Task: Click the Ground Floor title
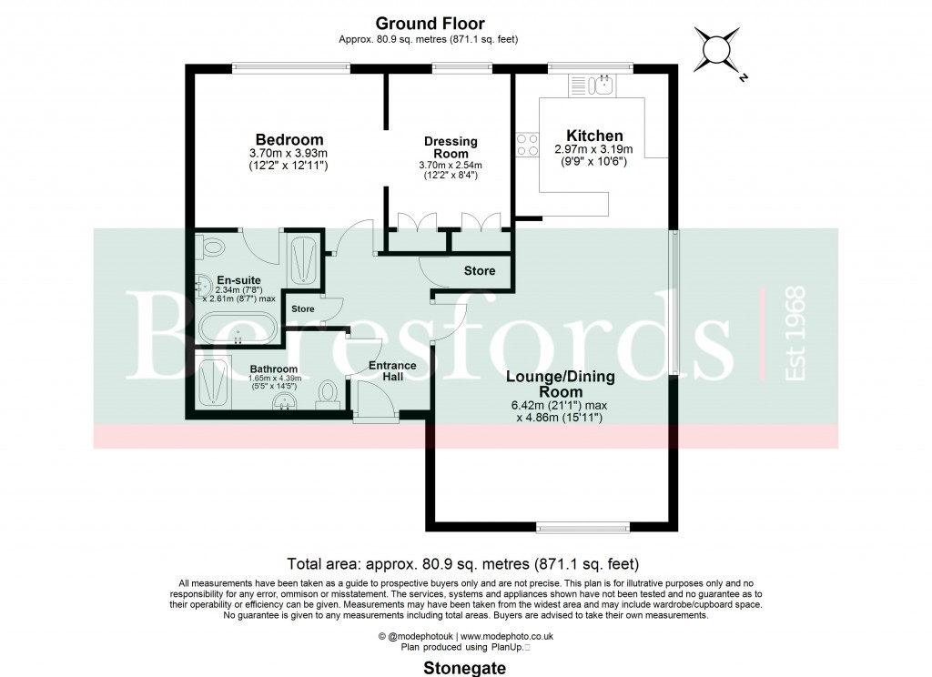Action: coord(431,24)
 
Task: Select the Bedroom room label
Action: coord(289,139)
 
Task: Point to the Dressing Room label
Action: coord(451,147)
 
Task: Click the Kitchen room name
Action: coord(594,136)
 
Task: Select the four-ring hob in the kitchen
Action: coord(527,145)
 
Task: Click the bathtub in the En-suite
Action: coord(236,327)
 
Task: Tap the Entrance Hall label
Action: coord(392,371)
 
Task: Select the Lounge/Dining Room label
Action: coord(560,383)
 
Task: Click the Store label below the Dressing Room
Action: coord(480,271)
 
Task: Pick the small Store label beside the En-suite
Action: coord(302,309)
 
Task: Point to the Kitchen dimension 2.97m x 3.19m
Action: coord(593,149)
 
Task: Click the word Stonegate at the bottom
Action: coord(465,668)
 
